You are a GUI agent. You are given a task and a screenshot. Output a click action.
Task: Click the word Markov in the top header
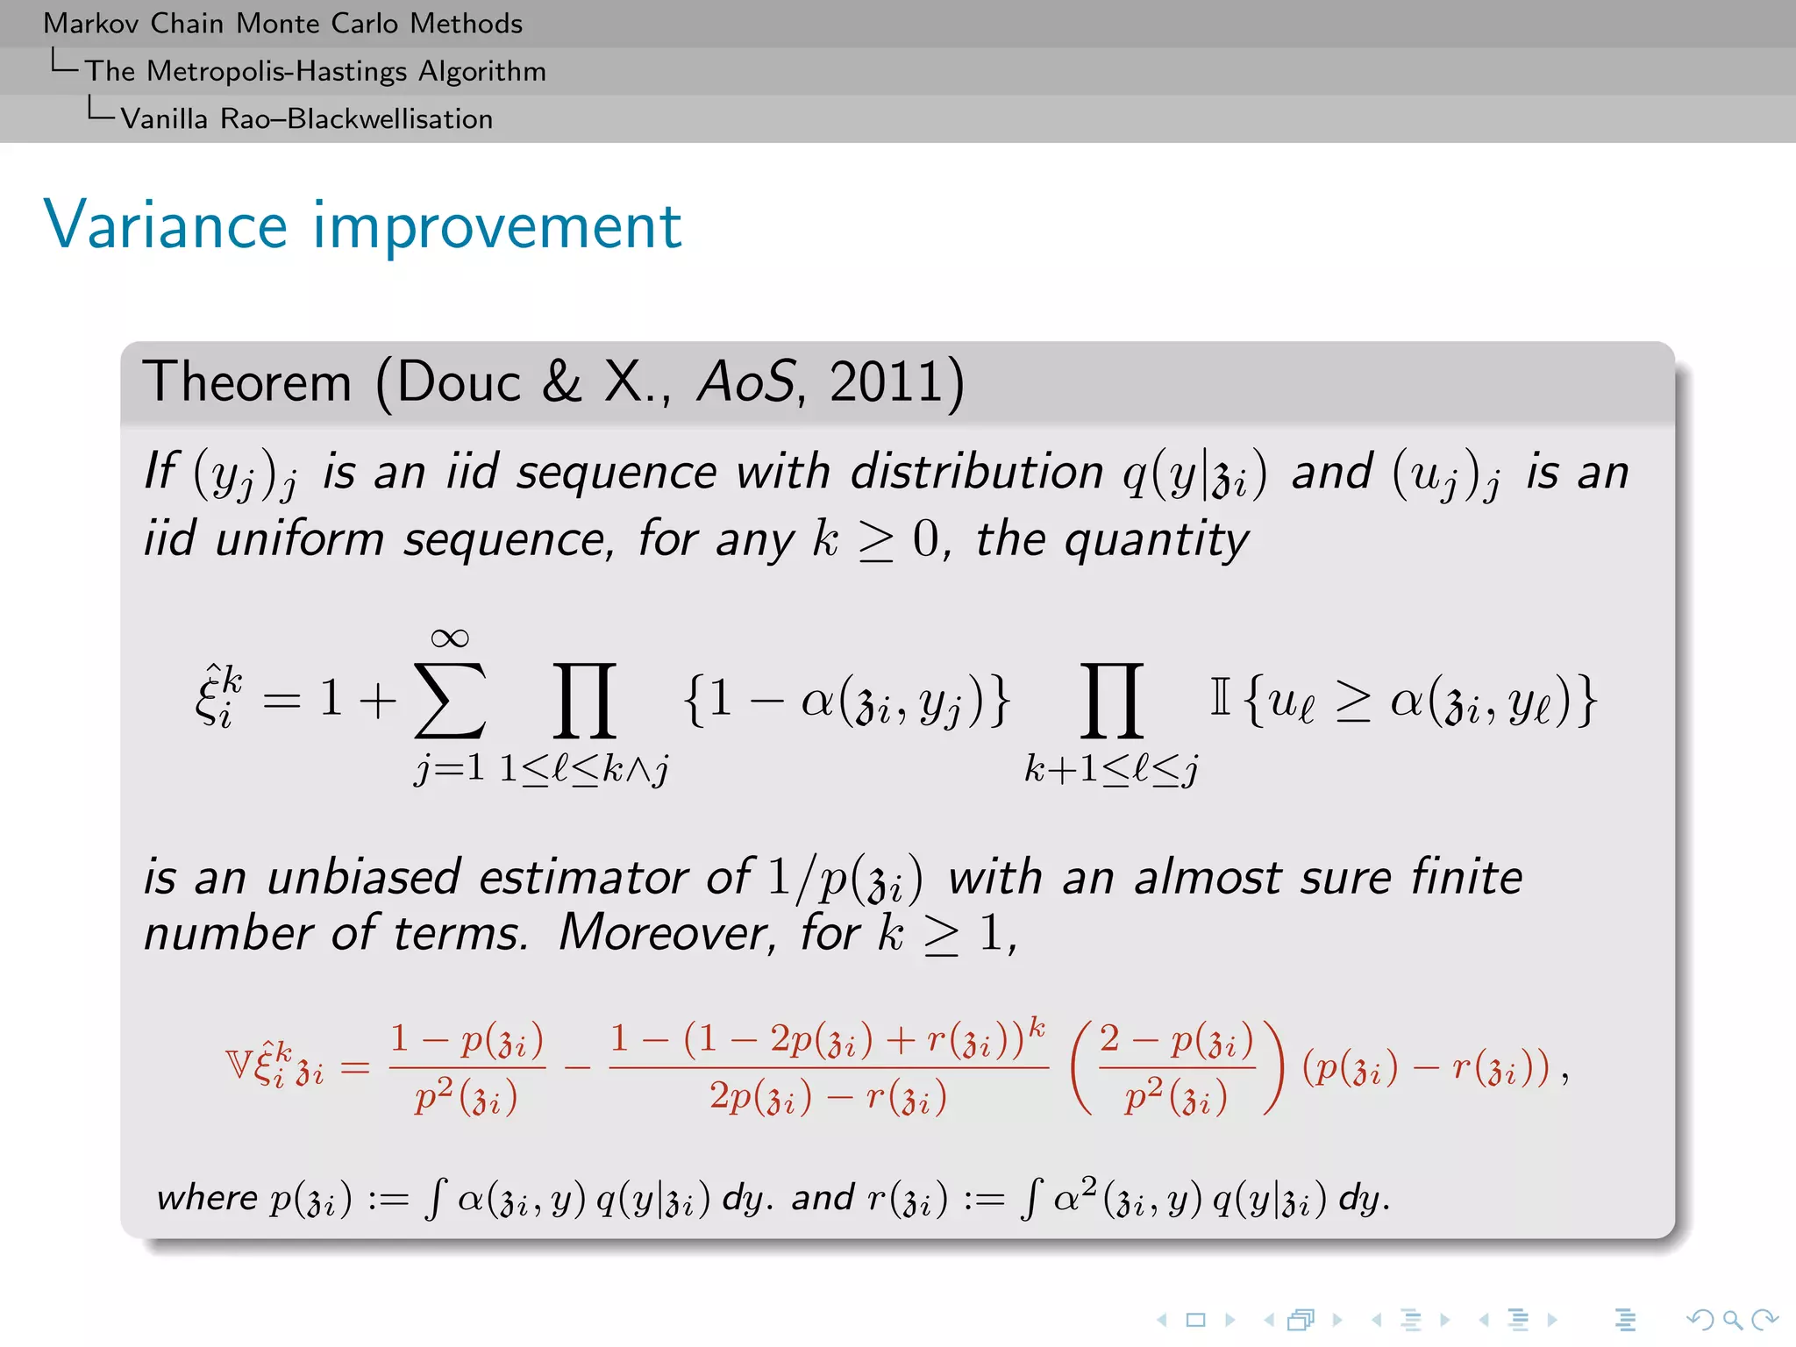[90, 23]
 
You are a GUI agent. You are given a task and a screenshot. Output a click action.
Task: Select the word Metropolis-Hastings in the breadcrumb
[277, 70]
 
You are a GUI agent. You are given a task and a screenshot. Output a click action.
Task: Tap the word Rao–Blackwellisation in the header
[356, 118]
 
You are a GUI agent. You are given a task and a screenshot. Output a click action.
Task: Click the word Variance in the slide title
[166, 225]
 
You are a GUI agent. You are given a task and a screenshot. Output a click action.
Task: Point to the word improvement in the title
[497, 225]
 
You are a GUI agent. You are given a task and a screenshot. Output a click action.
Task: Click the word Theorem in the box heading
[247, 382]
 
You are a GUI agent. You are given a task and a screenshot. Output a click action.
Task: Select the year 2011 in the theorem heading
[887, 382]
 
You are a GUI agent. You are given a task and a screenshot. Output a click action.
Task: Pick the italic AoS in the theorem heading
[745, 382]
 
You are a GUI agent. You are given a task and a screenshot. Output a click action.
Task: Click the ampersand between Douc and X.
[562, 382]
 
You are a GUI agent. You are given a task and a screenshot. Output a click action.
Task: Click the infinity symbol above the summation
[450, 638]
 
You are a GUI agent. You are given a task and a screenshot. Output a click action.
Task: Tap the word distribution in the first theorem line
[976, 472]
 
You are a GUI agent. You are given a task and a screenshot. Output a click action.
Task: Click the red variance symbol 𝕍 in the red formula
[239, 1065]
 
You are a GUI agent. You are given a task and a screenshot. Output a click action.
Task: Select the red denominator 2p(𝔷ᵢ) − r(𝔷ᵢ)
[828, 1098]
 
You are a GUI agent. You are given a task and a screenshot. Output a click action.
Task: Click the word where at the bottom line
[207, 1198]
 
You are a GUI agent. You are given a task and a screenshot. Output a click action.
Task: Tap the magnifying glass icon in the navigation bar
[1732, 1319]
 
